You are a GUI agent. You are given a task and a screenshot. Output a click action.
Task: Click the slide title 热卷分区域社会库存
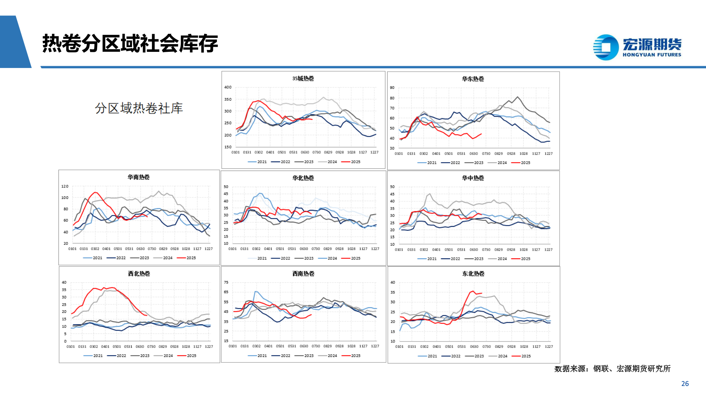point(130,43)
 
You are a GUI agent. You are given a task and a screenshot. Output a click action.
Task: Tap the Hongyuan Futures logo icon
point(606,47)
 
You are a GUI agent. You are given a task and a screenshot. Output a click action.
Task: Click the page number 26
point(685,383)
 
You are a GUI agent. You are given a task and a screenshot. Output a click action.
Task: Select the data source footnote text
point(612,368)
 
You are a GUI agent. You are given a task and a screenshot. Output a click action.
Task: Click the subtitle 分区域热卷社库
point(139,108)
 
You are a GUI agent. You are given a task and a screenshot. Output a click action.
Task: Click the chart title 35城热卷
point(303,78)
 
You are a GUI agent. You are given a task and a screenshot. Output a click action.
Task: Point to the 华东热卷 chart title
point(473,79)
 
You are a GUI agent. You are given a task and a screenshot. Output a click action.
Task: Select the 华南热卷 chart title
point(139,177)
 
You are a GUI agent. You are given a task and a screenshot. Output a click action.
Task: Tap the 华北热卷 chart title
point(303,178)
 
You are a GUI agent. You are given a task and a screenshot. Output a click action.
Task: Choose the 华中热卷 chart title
point(473,178)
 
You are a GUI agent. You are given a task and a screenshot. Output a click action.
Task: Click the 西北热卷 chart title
point(139,273)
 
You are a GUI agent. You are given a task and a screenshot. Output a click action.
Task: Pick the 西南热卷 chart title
point(303,273)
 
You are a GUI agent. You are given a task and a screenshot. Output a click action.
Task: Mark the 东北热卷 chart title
point(473,273)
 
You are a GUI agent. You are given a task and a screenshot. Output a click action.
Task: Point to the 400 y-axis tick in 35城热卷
point(228,87)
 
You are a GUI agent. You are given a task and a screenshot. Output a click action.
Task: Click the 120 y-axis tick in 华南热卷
point(65,186)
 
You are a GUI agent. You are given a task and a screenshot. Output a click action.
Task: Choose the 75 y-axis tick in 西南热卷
point(226,282)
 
